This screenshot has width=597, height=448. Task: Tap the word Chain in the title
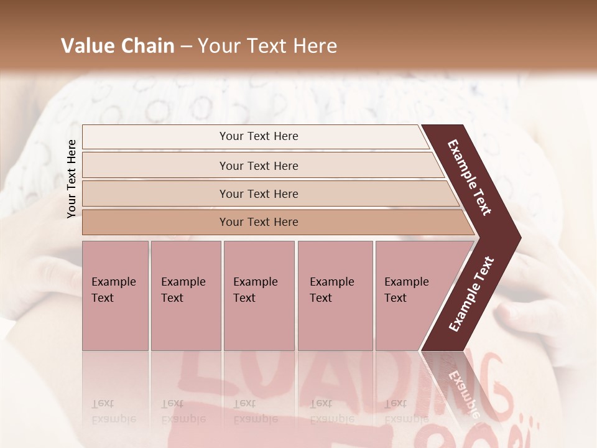tap(146, 46)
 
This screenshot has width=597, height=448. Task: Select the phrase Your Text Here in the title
tap(267, 46)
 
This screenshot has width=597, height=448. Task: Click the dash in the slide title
tap(186, 47)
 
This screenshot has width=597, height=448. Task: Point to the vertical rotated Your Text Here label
tap(72, 179)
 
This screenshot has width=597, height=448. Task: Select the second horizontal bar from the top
tap(259, 166)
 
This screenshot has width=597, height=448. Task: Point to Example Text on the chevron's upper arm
tap(470, 177)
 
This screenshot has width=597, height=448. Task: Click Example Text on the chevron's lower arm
tap(471, 294)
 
